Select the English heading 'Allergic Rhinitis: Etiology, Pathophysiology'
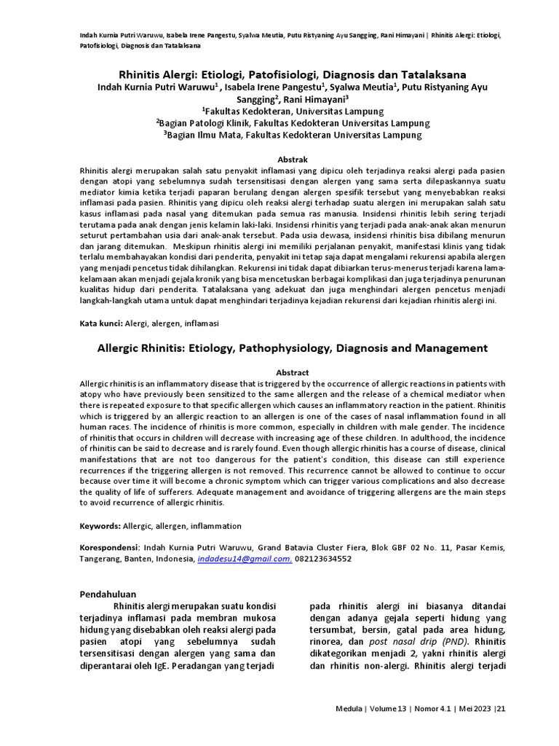click(x=293, y=348)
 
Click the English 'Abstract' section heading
click(x=292, y=372)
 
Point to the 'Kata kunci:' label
click(x=101, y=321)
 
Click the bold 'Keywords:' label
click(x=100, y=525)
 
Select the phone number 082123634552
click(x=323, y=559)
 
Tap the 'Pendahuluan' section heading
click(x=108, y=594)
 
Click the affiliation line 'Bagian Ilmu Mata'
click(x=292, y=135)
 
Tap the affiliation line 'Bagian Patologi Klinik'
click(x=292, y=123)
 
